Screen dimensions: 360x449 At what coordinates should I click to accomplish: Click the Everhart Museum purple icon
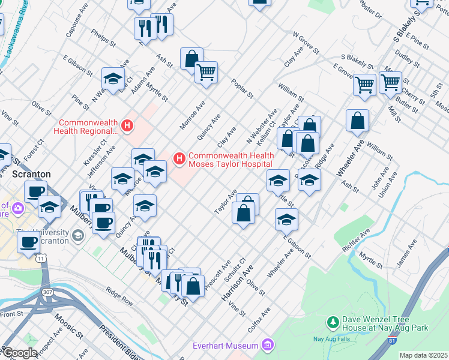point(268,346)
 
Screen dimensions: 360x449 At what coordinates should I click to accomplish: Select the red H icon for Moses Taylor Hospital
point(179,158)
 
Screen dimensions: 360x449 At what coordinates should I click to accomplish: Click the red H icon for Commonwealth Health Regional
point(127,125)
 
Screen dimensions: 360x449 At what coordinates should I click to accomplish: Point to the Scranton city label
point(31,174)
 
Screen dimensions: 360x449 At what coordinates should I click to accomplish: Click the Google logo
point(19,353)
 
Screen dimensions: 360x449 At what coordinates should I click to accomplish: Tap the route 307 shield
point(47,292)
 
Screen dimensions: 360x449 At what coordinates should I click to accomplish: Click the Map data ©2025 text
point(423,355)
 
